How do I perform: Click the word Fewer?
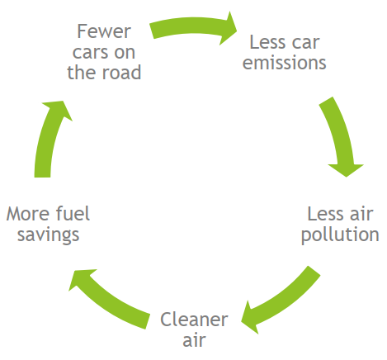(x=104, y=31)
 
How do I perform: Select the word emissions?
(x=284, y=63)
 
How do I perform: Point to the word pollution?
(x=340, y=235)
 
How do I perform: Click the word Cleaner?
(x=194, y=320)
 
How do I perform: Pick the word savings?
(x=49, y=235)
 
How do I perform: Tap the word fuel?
(x=73, y=214)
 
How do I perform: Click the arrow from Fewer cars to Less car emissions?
(x=192, y=26)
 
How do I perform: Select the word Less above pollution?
(x=326, y=214)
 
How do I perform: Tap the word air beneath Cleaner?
(x=194, y=340)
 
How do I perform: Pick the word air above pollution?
(x=361, y=214)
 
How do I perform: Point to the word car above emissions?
(x=306, y=43)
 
